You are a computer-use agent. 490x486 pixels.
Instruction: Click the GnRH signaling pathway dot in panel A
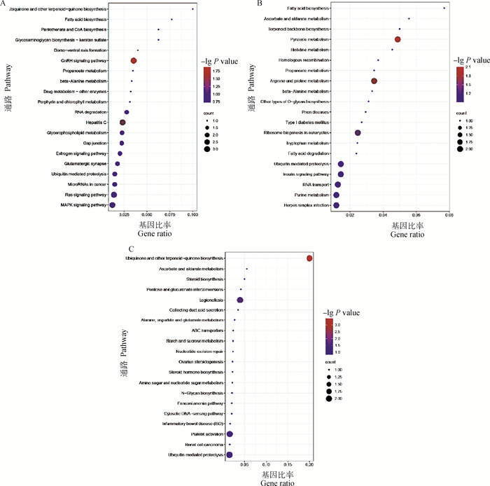133,61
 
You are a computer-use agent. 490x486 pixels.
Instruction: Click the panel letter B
260,4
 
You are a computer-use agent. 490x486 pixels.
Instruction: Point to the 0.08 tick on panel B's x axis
449,216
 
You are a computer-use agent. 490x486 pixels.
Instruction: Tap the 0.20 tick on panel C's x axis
310,464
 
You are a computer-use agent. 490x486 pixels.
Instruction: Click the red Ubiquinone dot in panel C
310,258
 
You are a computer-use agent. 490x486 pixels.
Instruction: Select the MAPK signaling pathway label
83,205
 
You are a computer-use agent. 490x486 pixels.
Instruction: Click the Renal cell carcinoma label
202,445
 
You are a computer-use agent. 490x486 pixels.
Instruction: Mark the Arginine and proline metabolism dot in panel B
374,81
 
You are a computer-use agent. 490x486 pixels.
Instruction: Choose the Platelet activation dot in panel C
230,434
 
